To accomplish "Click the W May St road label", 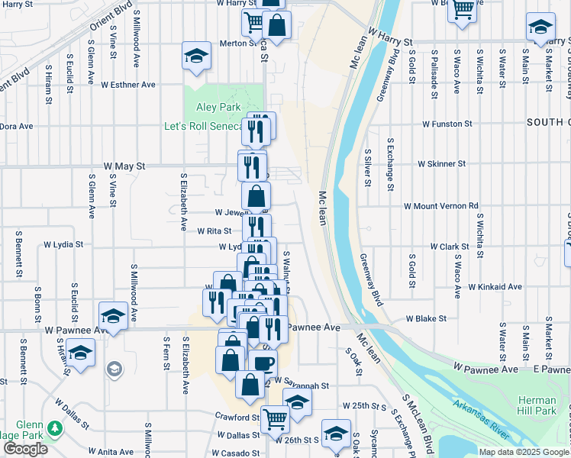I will pos(124,165).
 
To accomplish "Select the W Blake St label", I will pos(425,318).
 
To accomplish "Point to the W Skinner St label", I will pos(441,164).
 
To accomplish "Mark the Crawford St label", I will pos(237,418).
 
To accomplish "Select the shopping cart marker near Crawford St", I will pos(275,418).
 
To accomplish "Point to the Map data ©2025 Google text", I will pos(523,452).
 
